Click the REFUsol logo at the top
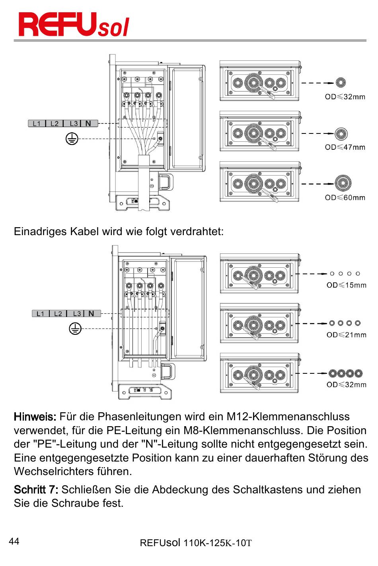[74, 25]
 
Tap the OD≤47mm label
[345, 147]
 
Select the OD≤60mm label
[345, 197]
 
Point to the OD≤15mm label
[346, 285]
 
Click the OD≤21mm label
[346, 335]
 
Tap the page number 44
[14, 541]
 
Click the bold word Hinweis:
[35, 417]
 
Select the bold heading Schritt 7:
[36, 489]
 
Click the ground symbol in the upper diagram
[72, 139]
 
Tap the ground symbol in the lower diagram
[75, 328]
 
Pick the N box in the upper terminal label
[88, 124]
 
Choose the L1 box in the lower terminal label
[41, 314]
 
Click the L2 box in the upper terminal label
[55, 124]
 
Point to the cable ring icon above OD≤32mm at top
[340, 83]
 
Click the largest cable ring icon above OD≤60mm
[342, 183]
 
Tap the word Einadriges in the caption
[40, 232]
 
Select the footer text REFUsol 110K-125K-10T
[196, 543]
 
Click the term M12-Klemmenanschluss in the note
[288, 417]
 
